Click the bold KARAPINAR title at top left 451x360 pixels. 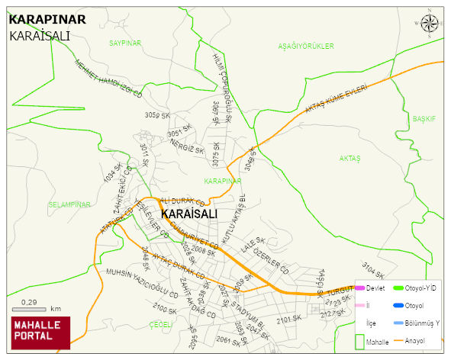(47, 20)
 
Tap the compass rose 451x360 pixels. (430, 24)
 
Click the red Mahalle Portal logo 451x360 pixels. (40, 333)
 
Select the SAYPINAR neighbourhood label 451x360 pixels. (125, 43)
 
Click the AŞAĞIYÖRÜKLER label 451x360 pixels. (306, 47)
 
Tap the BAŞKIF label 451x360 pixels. (424, 120)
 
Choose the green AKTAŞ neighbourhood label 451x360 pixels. (350, 158)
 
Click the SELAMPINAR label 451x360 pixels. (69, 204)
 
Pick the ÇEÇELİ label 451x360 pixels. (161, 324)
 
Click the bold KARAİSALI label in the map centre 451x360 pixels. (189, 214)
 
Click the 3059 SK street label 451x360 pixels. (156, 115)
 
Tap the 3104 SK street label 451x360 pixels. (374, 270)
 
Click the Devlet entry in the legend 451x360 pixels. (375, 288)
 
